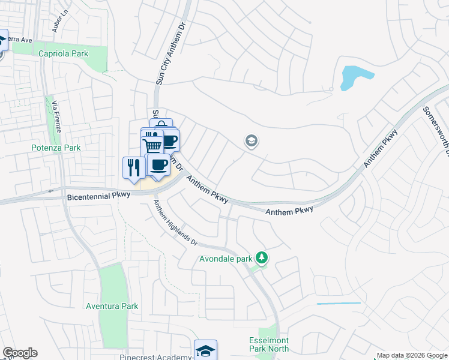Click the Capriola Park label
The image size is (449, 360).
click(63, 53)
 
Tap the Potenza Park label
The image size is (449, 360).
click(56, 147)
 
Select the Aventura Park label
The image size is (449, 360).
click(112, 306)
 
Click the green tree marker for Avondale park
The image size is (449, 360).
click(262, 258)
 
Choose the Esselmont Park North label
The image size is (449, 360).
click(269, 344)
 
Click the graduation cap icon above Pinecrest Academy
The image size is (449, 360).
click(205, 349)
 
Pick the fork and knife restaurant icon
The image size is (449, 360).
click(133, 167)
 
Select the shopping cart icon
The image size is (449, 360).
click(152, 145)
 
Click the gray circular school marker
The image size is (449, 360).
click(252, 142)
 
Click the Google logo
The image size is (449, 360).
click(20, 353)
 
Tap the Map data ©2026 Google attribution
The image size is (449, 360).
click(412, 355)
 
